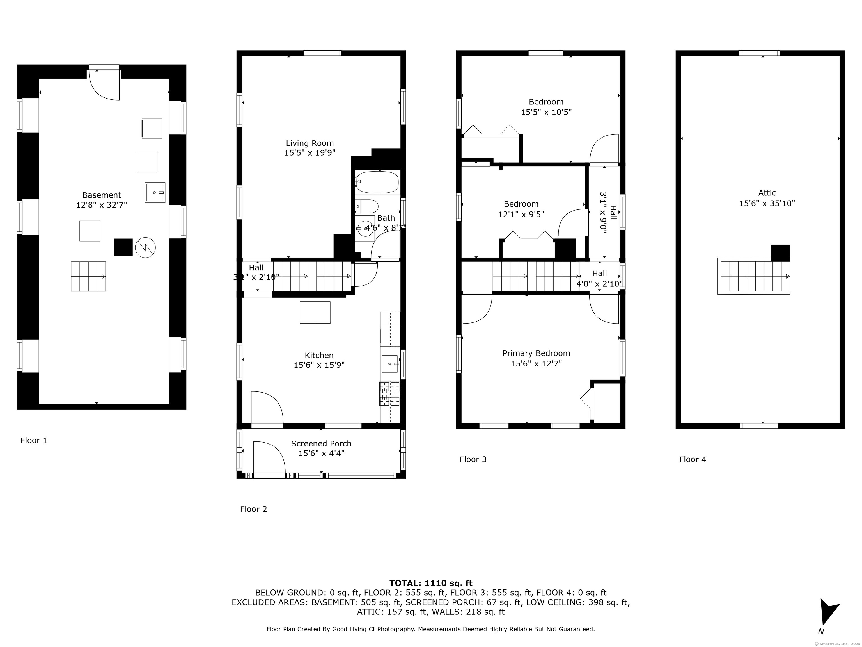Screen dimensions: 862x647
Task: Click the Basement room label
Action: [x=102, y=195]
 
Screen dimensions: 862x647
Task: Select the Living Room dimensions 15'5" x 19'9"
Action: [x=310, y=153]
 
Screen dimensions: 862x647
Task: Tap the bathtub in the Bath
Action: [x=377, y=182]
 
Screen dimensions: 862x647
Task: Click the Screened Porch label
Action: [x=321, y=443]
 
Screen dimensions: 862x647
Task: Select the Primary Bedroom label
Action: [x=536, y=353]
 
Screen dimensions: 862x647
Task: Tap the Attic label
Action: [x=767, y=193]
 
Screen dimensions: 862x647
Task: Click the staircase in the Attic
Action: [x=754, y=276]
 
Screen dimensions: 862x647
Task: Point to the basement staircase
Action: [x=88, y=277]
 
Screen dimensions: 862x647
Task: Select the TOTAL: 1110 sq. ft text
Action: [x=431, y=583]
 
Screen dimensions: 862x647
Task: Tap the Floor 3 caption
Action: [x=473, y=459]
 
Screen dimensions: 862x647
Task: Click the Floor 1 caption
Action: [x=34, y=440]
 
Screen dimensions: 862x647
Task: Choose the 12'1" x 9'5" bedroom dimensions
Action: [x=521, y=214]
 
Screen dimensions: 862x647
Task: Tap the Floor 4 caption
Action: [x=693, y=459]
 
